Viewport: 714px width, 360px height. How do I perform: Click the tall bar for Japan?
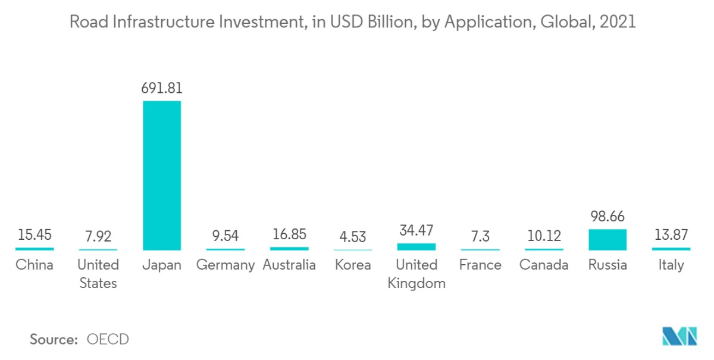coord(161,175)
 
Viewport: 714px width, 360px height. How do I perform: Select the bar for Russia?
coord(607,239)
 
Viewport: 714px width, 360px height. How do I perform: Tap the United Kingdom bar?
coord(416,246)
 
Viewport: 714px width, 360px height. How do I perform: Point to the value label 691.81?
coord(161,89)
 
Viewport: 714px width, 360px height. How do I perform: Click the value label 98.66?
coord(607,217)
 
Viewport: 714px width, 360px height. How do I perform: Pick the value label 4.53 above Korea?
coord(353,236)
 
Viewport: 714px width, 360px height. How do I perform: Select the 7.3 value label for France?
coord(480,236)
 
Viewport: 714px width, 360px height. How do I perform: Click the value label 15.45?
coord(34,235)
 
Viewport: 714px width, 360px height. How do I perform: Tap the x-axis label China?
coord(34,265)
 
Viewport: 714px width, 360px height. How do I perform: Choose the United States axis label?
coord(98,274)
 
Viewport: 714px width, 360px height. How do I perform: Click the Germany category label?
coord(226,265)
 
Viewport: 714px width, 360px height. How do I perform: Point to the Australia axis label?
coord(289,265)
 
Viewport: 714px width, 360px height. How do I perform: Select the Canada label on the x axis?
coord(544,265)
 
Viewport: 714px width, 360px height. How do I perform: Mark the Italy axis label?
coord(671,265)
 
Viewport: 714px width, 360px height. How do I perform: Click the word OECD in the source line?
coord(108,340)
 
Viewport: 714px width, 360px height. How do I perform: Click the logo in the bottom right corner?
coord(679,336)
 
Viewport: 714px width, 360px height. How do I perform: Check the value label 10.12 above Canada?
coord(544,236)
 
